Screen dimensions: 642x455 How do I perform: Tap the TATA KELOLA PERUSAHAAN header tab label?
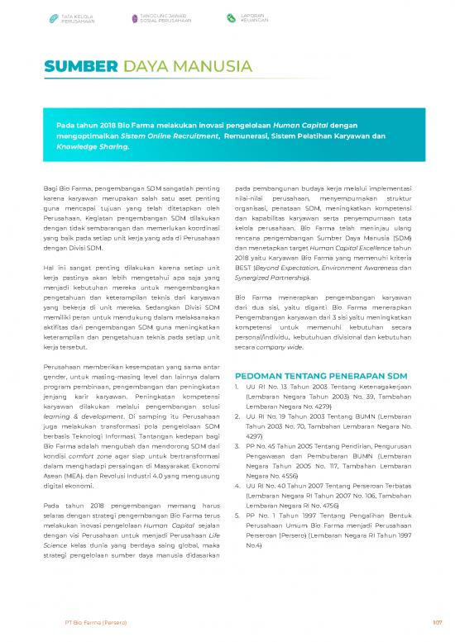[x=79, y=17]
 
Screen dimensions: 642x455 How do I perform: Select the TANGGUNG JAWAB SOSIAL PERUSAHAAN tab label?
[x=165, y=17]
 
